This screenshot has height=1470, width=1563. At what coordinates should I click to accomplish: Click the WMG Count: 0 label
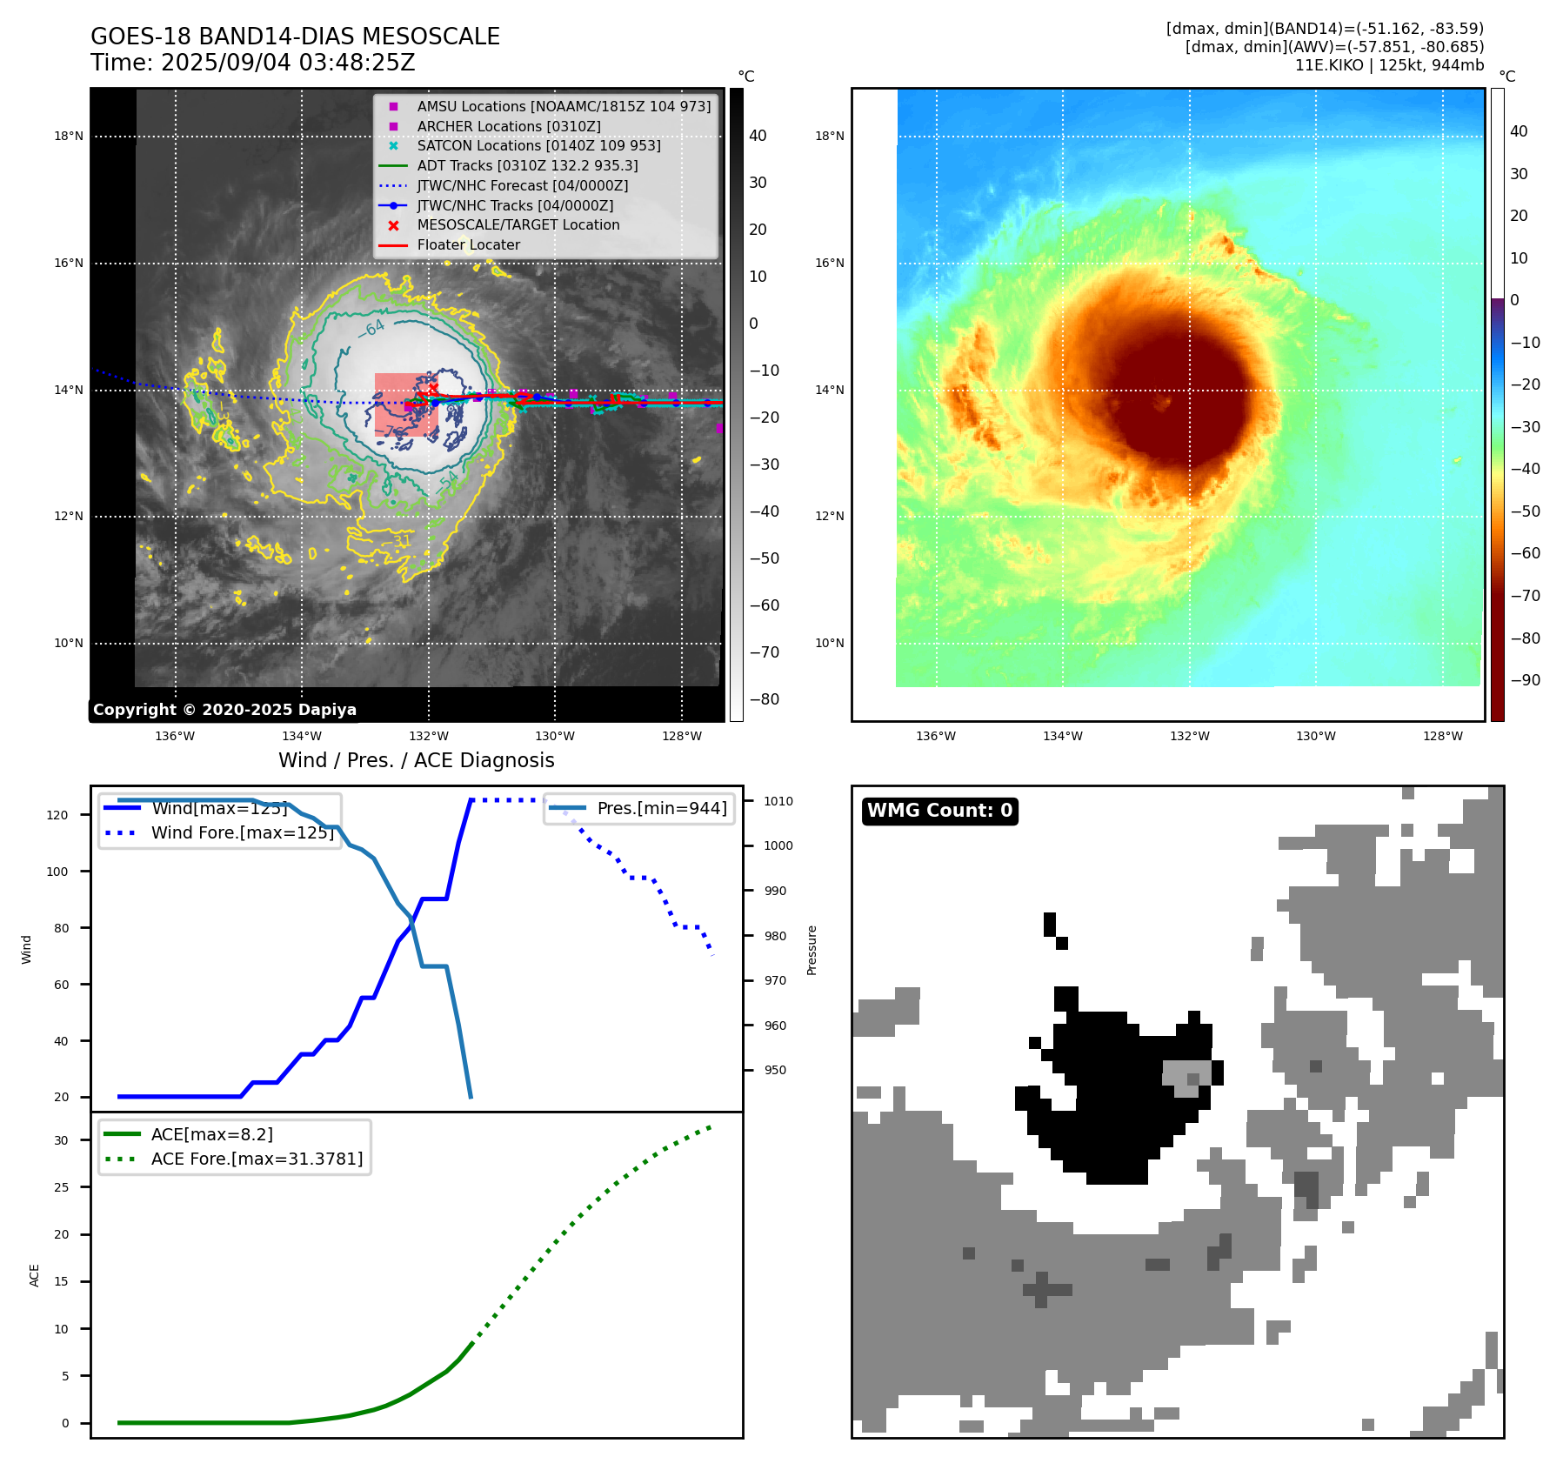pyautogui.click(x=939, y=811)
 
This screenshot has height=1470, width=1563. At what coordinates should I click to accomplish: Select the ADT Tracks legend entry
pyautogui.click(x=527, y=165)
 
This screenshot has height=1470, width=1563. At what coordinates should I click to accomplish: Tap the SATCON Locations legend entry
pyautogui.click(x=538, y=145)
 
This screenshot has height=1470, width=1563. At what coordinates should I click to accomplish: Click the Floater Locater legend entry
pyautogui.click(x=468, y=244)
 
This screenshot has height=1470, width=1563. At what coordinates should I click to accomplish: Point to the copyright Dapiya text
pyautogui.click(x=224, y=710)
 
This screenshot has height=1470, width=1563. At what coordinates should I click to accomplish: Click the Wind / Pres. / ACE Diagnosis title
pyautogui.click(x=416, y=760)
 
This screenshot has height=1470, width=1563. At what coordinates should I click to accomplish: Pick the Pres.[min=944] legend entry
pyautogui.click(x=661, y=808)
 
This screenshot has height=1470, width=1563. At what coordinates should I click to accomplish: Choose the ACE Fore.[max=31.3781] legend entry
pyautogui.click(x=257, y=1159)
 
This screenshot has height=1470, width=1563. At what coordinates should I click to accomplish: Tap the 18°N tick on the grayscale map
pyautogui.click(x=69, y=136)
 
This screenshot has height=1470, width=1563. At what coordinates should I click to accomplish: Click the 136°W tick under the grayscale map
pyautogui.click(x=175, y=736)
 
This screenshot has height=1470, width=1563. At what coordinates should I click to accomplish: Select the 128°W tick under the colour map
pyautogui.click(x=1442, y=736)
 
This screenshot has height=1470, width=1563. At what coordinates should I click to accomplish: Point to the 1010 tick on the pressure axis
pyautogui.click(x=778, y=801)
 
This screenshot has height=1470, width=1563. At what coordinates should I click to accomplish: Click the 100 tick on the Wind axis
pyautogui.click(x=57, y=872)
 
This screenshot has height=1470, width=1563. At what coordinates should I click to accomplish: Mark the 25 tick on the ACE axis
pyautogui.click(x=61, y=1187)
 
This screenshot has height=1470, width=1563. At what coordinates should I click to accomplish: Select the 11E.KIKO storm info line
pyautogui.click(x=1389, y=65)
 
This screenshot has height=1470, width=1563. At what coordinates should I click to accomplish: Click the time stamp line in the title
pyautogui.click(x=252, y=63)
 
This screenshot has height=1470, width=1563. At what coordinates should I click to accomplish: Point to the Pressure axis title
pyautogui.click(x=812, y=950)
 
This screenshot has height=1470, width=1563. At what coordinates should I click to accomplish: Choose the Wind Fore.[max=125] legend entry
pyautogui.click(x=242, y=832)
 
